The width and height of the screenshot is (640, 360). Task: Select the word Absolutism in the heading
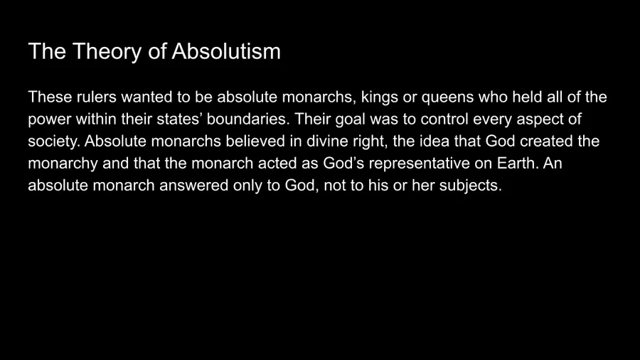pyautogui.click(x=226, y=51)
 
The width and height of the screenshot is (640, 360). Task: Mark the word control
pyautogui.click(x=444, y=120)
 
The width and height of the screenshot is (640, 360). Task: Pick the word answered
pyautogui.click(x=194, y=185)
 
